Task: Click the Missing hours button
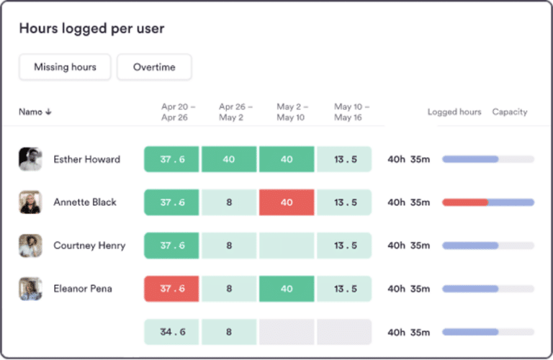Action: coord(66,67)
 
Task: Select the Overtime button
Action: coord(154,67)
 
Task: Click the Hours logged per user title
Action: coord(91,29)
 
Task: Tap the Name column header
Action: coord(35,112)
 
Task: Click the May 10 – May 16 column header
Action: coord(352,112)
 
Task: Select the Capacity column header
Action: coord(510,112)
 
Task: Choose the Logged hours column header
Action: coord(454,112)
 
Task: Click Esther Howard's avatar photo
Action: coord(30,159)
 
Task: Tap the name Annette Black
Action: coord(85,202)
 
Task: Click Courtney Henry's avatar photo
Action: coord(30,246)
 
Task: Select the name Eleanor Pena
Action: coord(83,289)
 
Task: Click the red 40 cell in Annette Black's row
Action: coord(287,202)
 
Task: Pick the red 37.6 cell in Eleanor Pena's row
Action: coord(171,289)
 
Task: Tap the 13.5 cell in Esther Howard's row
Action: coord(344,159)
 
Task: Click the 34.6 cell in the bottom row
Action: coord(171,332)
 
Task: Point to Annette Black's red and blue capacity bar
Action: coord(488,202)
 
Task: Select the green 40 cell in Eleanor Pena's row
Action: coord(287,289)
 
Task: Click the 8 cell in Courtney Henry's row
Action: coord(229,246)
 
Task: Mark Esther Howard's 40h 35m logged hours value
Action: coord(409,159)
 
